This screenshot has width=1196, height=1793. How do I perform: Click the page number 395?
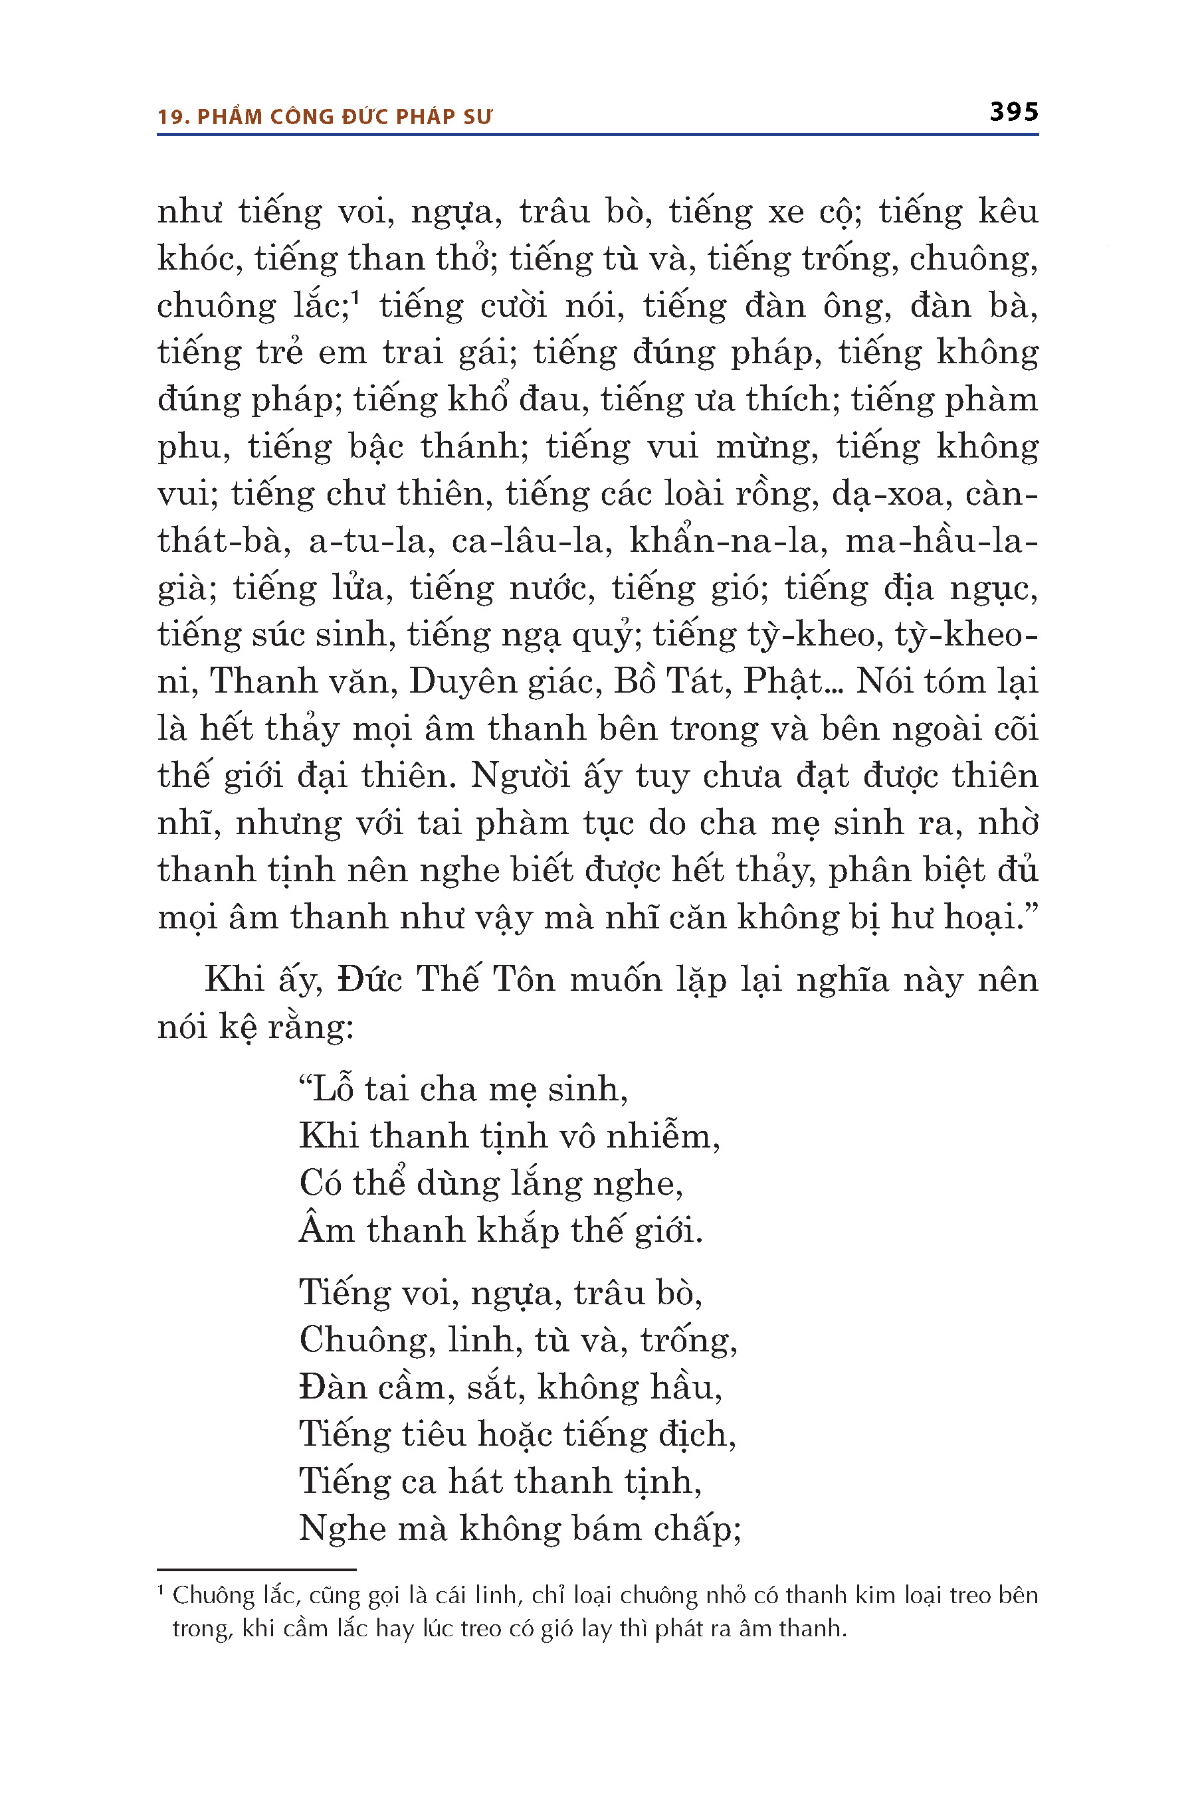(1014, 112)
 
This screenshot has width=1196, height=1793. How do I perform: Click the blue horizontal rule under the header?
(597, 135)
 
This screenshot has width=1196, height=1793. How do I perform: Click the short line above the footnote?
(256, 1570)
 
